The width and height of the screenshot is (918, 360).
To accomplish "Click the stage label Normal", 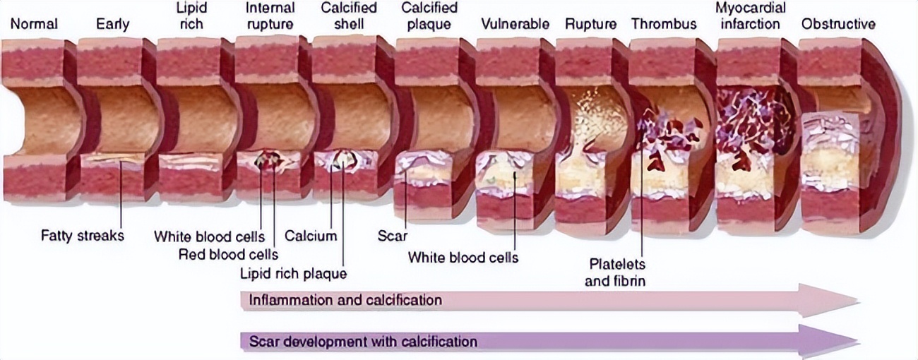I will click(x=33, y=24).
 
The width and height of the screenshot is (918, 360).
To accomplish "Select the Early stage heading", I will click(x=113, y=24).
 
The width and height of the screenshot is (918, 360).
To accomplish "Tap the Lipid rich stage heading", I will click(x=190, y=16).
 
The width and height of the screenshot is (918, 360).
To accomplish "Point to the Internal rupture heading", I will click(x=270, y=16).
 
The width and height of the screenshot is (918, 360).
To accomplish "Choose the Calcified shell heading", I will click(x=348, y=16).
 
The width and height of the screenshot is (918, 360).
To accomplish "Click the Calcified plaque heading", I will click(x=429, y=16).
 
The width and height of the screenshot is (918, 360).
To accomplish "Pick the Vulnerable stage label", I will click(x=515, y=24).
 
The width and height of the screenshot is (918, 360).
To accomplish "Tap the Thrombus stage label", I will click(x=663, y=24).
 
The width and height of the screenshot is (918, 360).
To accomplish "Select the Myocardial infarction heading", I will click(x=751, y=16).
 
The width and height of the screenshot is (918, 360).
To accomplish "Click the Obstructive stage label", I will click(x=837, y=24).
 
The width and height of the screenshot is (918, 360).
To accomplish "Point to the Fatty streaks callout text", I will click(x=83, y=236).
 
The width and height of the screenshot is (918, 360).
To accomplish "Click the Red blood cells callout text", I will click(x=228, y=254).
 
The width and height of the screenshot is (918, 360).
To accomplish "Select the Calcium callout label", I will click(x=311, y=236).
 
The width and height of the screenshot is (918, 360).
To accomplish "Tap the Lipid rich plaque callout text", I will click(x=294, y=273).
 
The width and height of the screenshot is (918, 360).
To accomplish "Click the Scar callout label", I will click(x=393, y=236).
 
